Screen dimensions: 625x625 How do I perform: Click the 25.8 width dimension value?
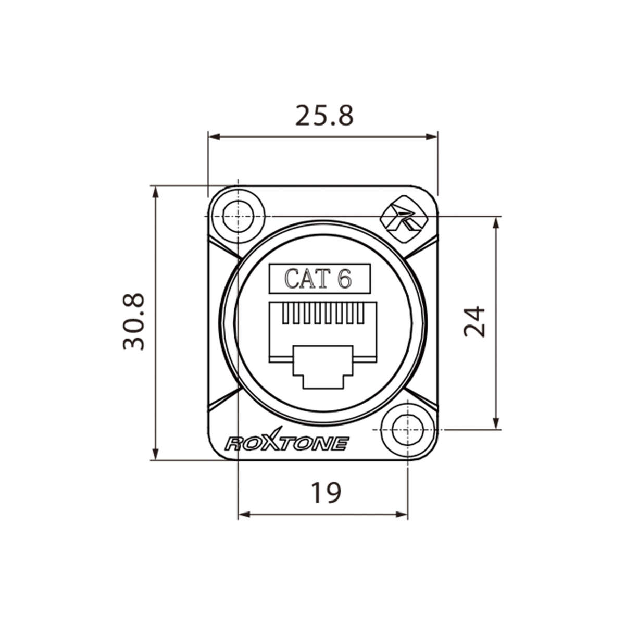tap(324, 116)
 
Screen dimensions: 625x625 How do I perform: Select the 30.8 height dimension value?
tap(133, 321)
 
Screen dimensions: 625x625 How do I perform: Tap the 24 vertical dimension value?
tap(474, 322)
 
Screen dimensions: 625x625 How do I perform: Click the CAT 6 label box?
tap(319, 279)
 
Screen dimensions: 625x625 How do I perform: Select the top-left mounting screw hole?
tap(238, 216)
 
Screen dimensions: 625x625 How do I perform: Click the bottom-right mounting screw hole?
tap(407, 430)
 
